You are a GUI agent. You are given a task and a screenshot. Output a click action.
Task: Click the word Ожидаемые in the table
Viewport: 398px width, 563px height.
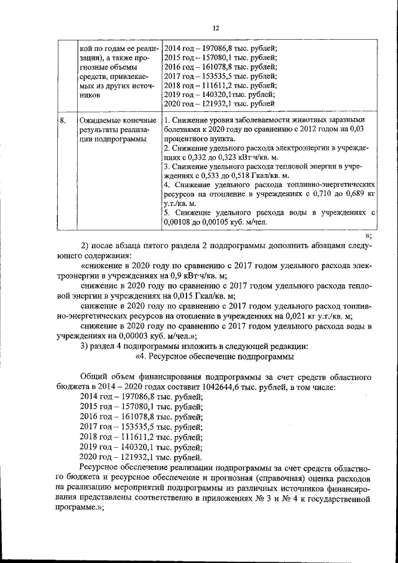coord(98,120)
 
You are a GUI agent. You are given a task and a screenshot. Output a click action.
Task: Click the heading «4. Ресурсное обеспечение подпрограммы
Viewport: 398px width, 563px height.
coord(214,356)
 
